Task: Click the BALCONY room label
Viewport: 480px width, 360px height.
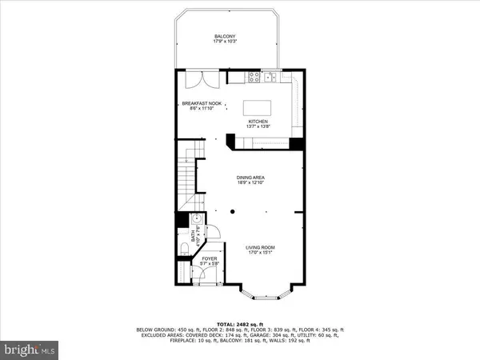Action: [224, 37]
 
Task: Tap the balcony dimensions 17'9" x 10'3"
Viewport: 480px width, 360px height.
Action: [224, 42]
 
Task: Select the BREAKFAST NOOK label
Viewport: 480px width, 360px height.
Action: [202, 103]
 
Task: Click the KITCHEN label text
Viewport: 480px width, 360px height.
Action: [269, 122]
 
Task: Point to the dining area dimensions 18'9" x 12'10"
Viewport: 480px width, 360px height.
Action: [250, 183]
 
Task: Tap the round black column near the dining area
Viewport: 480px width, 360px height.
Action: [231, 212]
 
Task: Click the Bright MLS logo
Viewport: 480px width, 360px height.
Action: [32, 350]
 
